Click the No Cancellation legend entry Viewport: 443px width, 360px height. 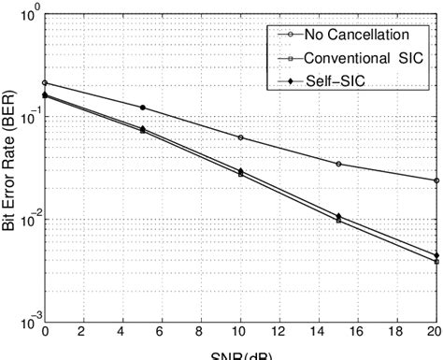click(x=345, y=36)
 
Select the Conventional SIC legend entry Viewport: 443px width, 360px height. click(x=350, y=58)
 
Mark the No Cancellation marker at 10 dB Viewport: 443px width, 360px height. click(x=240, y=137)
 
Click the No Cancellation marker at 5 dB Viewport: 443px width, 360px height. click(x=142, y=108)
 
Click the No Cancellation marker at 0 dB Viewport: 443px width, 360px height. click(x=45, y=83)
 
